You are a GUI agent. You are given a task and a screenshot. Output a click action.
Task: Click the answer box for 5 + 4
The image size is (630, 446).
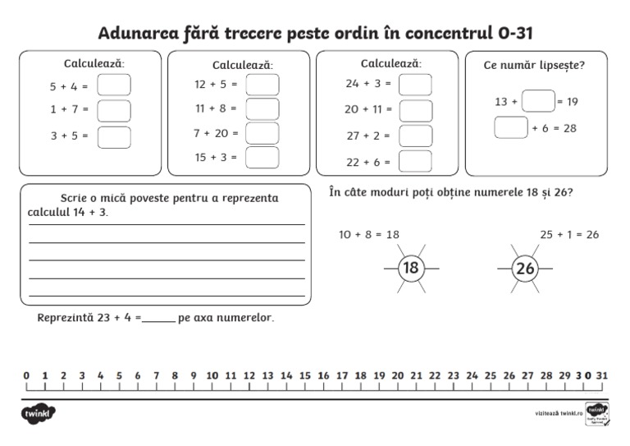pyautogui.click(x=114, y=85)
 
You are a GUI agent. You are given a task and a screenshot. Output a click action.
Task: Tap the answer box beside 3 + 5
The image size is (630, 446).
pyautogui.click(x=114, y=136)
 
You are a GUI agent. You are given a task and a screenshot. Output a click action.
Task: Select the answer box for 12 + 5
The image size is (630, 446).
pyautogui.click(x=262, y=85)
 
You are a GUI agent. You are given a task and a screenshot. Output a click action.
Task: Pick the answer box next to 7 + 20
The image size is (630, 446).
pyautogui.click(x=262, y=133)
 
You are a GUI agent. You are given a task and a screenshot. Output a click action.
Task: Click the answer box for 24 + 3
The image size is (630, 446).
pyautogui.click(x=415, y=85)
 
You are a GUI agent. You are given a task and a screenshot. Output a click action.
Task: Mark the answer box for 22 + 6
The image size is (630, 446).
pyautogui.click(x=415, y=162)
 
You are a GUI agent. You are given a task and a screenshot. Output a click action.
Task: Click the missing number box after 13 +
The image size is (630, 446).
pyautogui.click(x=537, y=101)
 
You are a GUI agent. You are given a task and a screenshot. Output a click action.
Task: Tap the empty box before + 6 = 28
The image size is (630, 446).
pyautogui.click(x=510, y=127)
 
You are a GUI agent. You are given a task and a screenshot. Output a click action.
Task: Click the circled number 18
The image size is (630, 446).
pyautogui.click(x=411, y=269)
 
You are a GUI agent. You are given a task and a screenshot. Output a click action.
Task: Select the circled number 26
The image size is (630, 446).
pyautogui.click(x=525, y=269)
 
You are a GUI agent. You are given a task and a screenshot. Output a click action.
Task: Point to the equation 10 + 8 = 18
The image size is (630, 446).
pyautogui.click(x=369, y=235)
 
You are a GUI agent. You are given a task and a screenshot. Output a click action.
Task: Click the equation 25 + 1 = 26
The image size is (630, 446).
pyautogui.click(x=569, y=235)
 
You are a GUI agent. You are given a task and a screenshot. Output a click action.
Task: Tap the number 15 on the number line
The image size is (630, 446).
pyautogui.click(x=304, y=376)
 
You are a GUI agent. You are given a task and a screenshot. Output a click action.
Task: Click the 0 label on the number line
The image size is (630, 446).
pyautogui.click(x=26, y=376)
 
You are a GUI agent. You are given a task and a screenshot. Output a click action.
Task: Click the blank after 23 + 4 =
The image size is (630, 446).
pyautogui.click(x=159, y=319)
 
